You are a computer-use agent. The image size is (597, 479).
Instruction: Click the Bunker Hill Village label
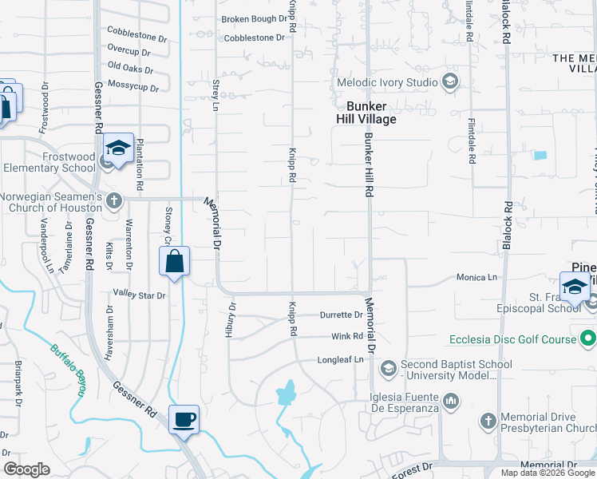[366, 113]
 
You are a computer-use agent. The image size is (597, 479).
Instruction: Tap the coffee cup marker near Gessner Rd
[184, 421]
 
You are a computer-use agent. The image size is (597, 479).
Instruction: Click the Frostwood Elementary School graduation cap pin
[118, 148]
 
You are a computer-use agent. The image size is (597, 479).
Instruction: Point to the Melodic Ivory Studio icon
[450, 82]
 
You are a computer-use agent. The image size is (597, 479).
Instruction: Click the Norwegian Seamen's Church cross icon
[114, 200]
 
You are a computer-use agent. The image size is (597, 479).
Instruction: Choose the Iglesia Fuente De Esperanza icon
[450, 400]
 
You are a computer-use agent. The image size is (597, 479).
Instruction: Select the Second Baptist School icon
[389, 367]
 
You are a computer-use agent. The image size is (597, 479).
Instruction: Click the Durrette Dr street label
[342, 315]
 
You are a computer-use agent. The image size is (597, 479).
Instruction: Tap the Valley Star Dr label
[139, 295]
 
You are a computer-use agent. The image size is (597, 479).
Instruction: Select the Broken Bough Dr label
[254, 18]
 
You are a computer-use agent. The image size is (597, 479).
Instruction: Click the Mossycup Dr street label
[131, 83]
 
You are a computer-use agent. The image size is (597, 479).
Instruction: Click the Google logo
[27, 469]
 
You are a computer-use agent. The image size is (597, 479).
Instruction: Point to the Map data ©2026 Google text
[547, 473]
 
